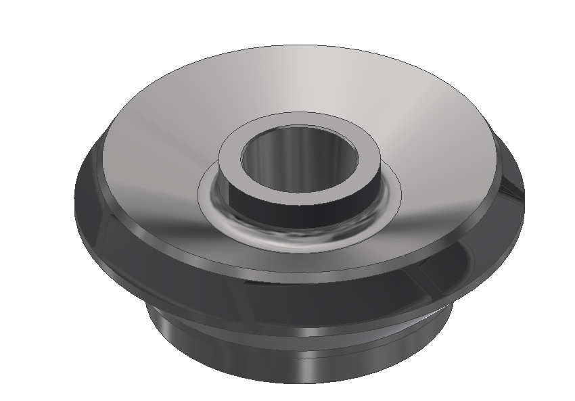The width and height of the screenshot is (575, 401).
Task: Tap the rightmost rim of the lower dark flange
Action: [x=522, y=203]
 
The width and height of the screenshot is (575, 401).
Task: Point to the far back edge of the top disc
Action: [x=298, y=47]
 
